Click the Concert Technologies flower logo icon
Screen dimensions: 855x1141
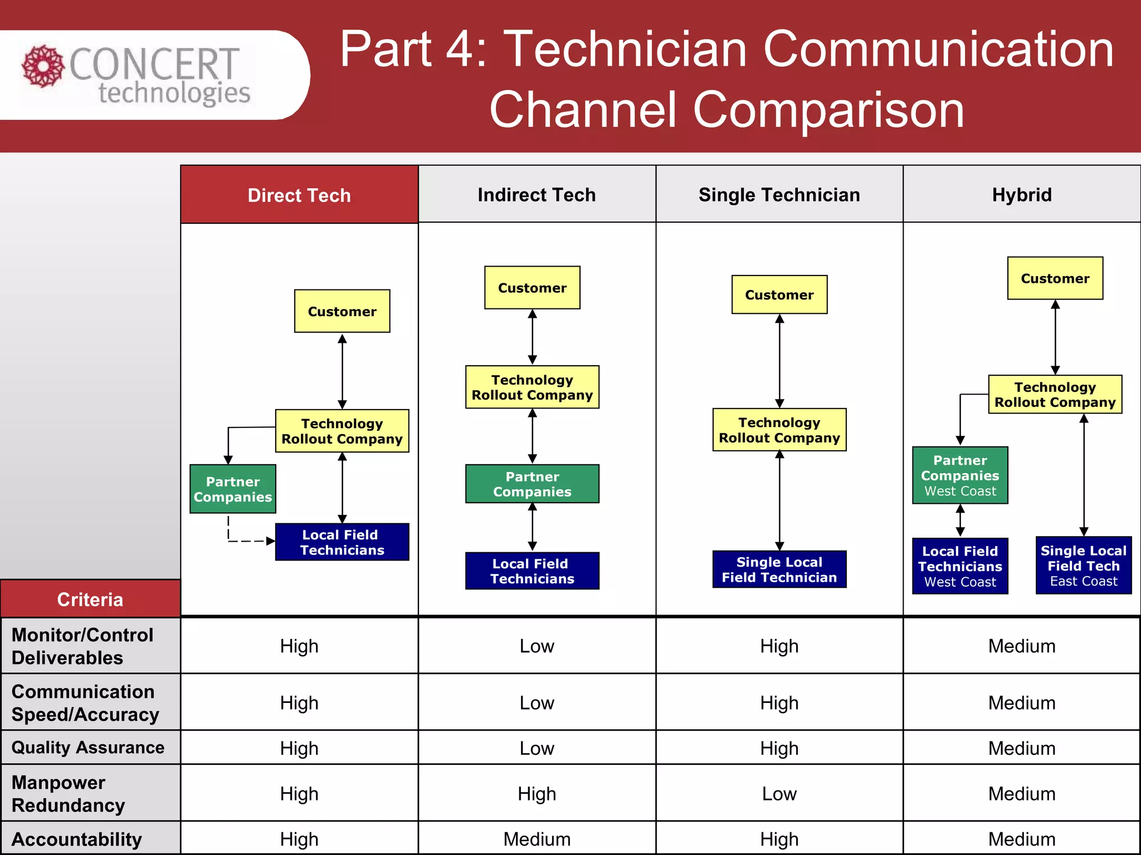(x=43, y=66)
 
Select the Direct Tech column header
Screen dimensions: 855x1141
(x=299, y=195)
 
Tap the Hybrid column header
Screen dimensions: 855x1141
(x=1021, y=195)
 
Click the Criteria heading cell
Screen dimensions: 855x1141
(x=90, y=599)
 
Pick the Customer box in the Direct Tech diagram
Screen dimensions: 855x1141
(x=342, y=311)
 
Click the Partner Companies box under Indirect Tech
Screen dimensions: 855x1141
(x=532, y=484)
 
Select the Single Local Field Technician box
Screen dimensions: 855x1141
(x=779, y=569)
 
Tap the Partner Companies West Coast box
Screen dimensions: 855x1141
(x=959, y=475)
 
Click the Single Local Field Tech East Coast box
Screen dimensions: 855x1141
(x=1083, y=566)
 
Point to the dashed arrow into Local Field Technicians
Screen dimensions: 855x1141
(x=248, y=540)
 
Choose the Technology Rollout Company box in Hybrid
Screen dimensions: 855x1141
(x=1055, y=395)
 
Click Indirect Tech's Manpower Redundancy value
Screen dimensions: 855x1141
(x=537, y=793)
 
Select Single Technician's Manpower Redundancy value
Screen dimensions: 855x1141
(x=779, y=793)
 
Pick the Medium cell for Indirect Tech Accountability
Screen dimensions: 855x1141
(x=537, y=839)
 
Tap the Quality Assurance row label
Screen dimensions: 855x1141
(x=88, y=747)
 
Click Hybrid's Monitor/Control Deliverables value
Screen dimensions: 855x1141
(x=1021, y=646)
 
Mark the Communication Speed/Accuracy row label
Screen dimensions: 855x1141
(x=85, y=702)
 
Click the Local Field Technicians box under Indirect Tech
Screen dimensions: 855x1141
(x=532, y=571)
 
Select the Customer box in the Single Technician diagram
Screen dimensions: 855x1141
(x=779, y=295)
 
